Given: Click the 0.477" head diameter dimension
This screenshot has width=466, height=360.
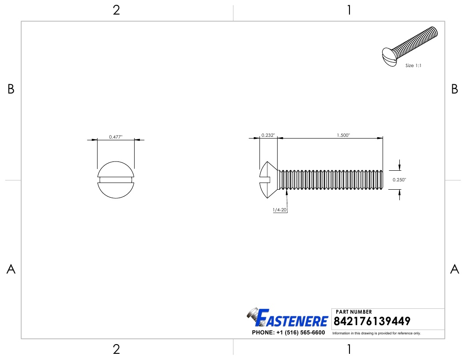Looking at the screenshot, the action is pyautogui.click(x=116, y=137).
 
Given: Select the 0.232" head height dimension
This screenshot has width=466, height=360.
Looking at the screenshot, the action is pyautogui.click(x=268, y=135).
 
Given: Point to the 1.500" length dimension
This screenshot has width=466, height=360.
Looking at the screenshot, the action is pyautogui.click(x=343, y=135).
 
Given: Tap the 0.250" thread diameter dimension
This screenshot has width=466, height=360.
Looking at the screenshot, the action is pyautogui.click(x=399, y=180).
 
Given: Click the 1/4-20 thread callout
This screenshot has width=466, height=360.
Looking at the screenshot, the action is pyautogui.click(x=280, y=210).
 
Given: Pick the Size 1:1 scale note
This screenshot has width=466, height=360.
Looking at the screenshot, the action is pyautogui.click(x=413, y=65).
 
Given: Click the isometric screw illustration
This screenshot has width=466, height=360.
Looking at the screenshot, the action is pyautogui.click(x=410, y=46).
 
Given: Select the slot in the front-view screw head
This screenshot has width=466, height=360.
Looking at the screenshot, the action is pyautogui.click(x=116, y=180).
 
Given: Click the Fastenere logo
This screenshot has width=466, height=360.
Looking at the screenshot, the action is pyautogui.click(x=287, y=318).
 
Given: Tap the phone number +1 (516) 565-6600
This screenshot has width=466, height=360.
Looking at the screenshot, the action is pyautogui.click(x=301, y=332).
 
